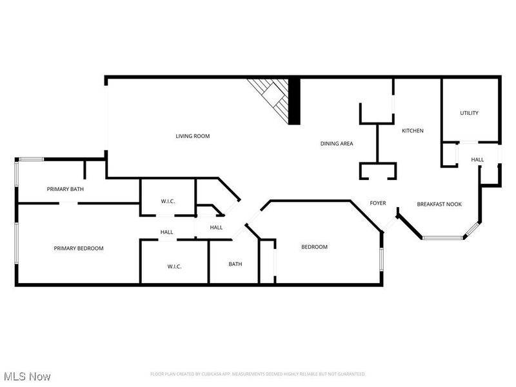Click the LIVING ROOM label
pos(192,136)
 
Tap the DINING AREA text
pos(337,143)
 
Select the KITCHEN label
pos(413,131)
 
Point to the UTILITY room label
pos(470,113)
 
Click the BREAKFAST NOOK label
pos(439,204)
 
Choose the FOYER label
pos(378,203)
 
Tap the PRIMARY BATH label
pos(65,189)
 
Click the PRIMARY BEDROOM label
pos(79,248)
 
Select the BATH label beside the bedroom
pos(235,264)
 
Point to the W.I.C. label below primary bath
pos(168,201)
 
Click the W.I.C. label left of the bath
pos(174,266)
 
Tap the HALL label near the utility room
pos(477,159)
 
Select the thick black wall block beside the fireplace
pos(294,101)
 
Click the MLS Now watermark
pos(27,377)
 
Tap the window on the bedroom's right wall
pos(382,259)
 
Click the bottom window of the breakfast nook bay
pos(442,237)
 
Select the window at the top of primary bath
pos(31,159)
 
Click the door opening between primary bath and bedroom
pos(68,203)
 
